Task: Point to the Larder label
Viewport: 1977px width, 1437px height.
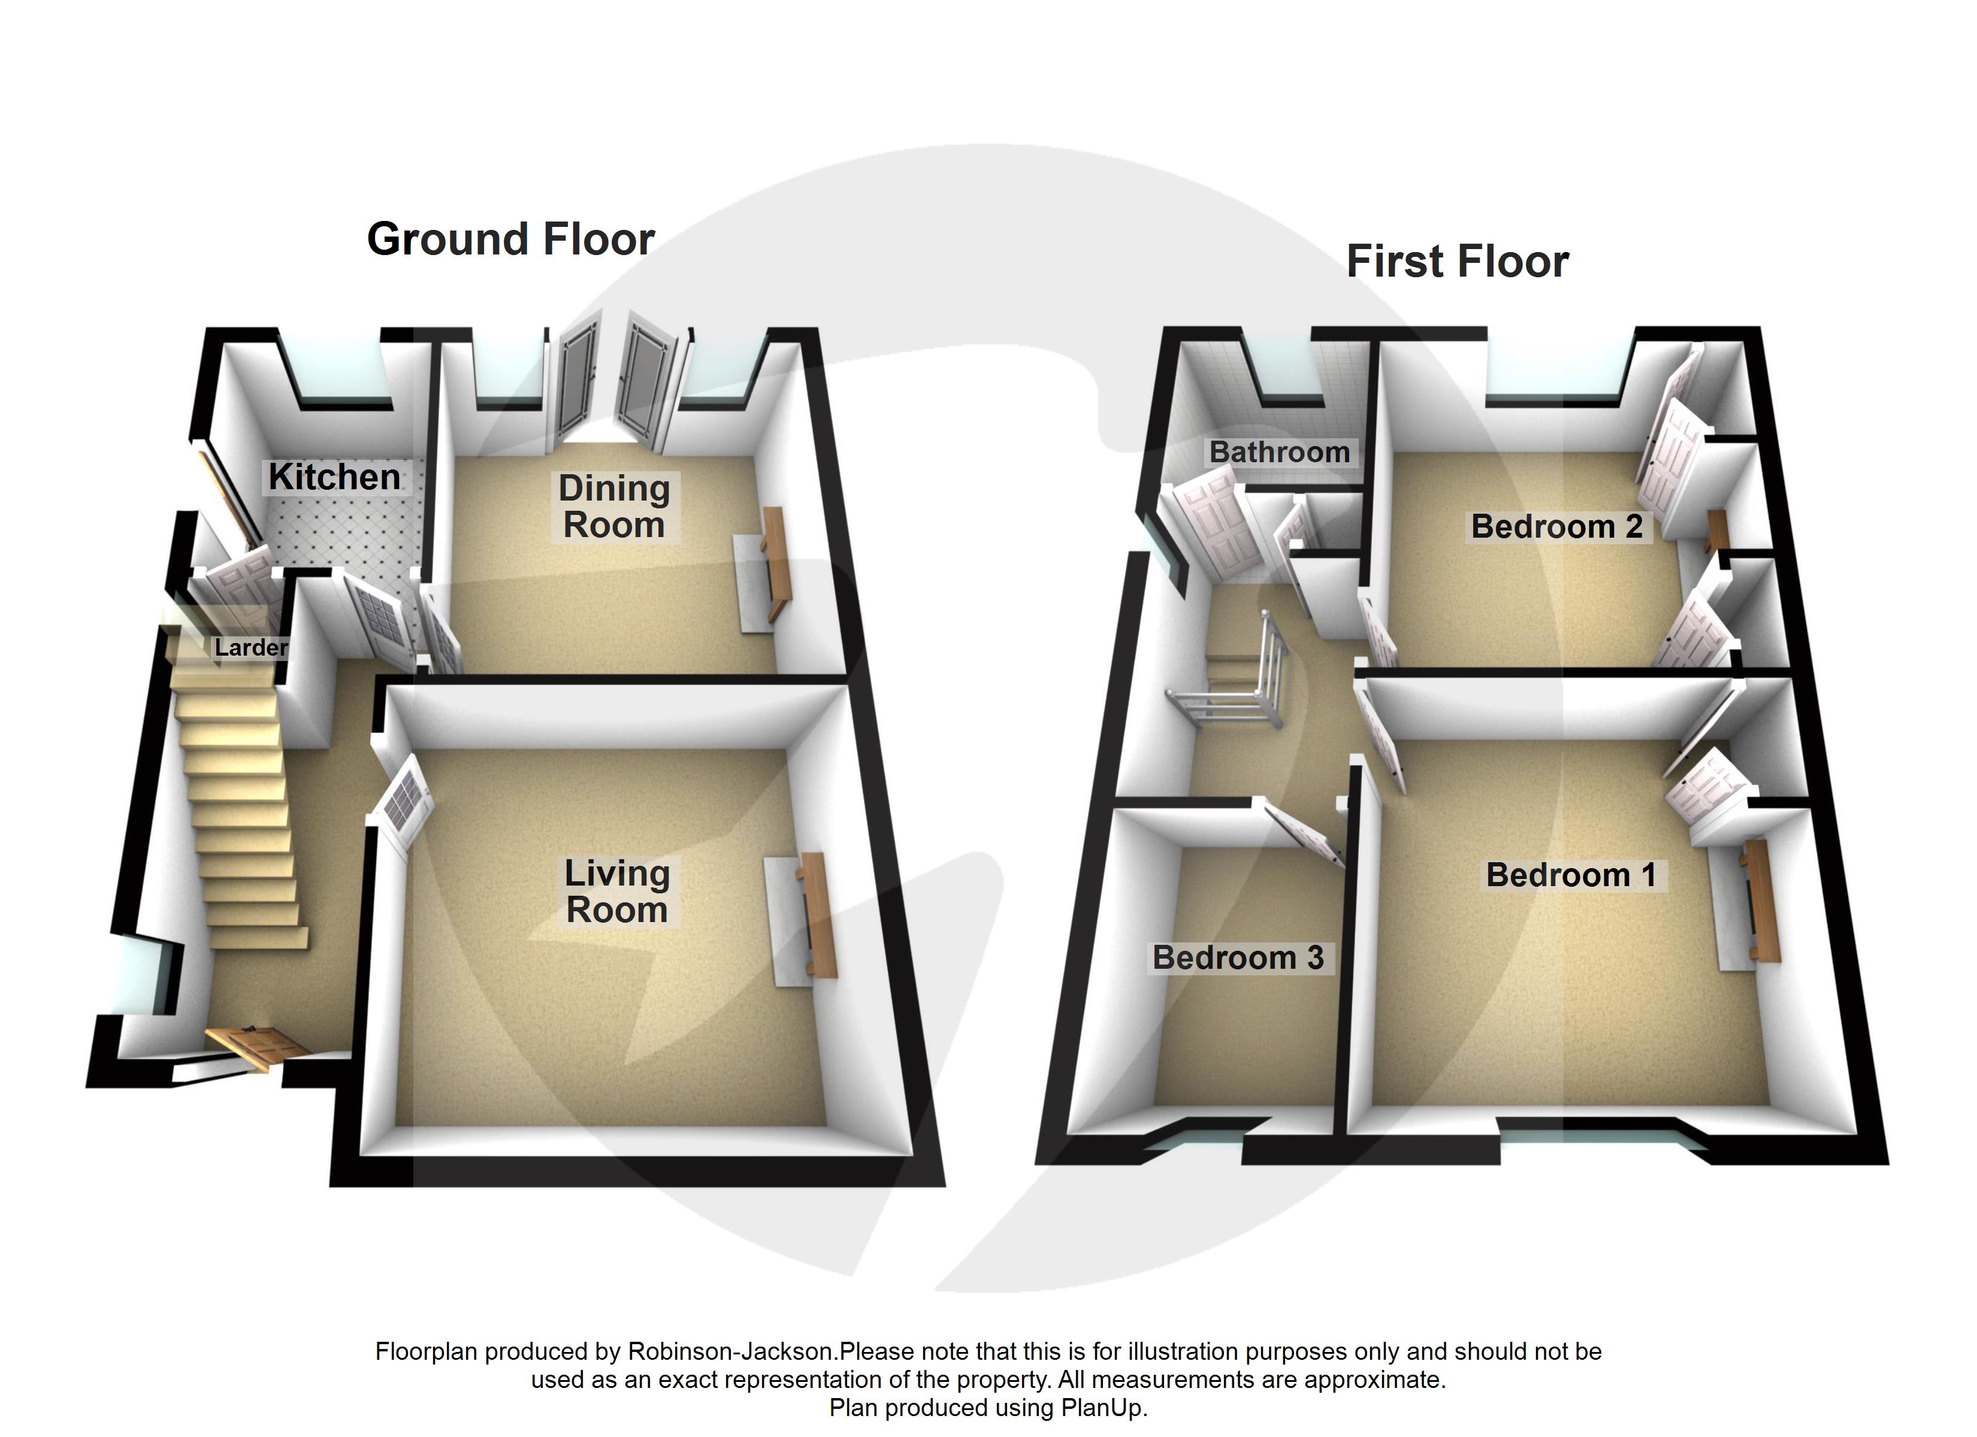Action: pos(250,647)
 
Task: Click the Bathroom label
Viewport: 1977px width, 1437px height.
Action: pos(1279,451)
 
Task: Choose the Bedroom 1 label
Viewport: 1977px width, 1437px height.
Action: pos(1571,875)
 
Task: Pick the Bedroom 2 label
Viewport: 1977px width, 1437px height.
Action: pos(1557,526)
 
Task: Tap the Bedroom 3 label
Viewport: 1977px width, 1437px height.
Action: pos(1238,958)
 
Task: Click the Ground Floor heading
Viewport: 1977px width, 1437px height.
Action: pos(511,239)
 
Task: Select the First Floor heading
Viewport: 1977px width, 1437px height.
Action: pos(1458,262)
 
